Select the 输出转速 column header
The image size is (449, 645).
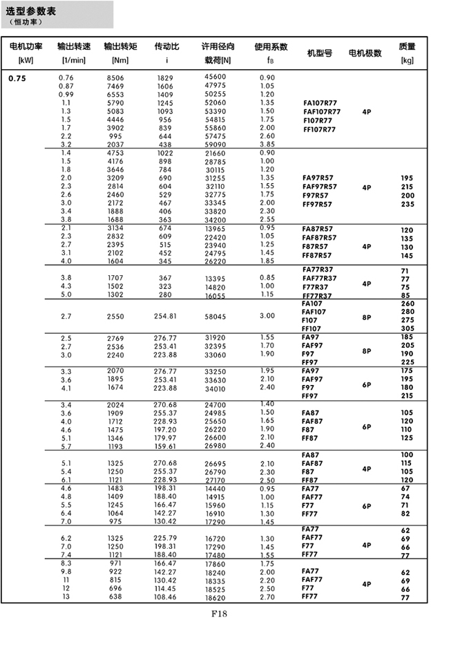tap(75, 47)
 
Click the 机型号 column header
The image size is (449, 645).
tap(319, 53)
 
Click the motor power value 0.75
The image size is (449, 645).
tap(17, 78)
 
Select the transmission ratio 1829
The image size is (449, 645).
tap(166, 77)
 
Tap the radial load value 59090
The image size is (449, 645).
tap(216, 144)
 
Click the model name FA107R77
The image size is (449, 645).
tap(320, 102)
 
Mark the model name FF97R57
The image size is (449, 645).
tap(318, 204)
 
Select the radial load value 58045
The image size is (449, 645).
tap(216, 316)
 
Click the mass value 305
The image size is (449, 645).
tap(407, 329)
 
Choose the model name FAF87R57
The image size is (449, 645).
tap(319, 238)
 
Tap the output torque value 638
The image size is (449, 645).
tap(116, 596)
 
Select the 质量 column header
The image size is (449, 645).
tap(407, 47)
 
